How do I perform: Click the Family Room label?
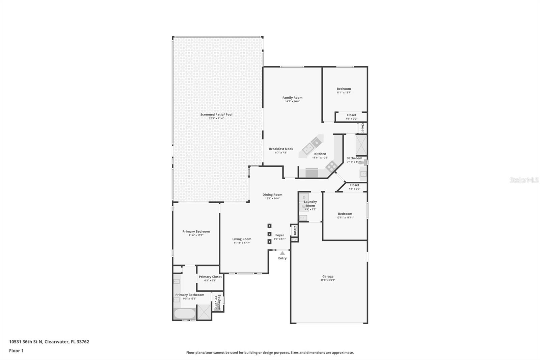[x=292, y=98]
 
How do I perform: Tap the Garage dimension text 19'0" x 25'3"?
[x=328, y=280]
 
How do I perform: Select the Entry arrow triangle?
[x=282, y=253]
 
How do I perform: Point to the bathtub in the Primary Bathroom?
[x=184, y=314]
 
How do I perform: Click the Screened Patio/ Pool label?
[x=216, y=114]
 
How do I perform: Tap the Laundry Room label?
[x=310, y=204]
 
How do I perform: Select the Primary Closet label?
[x=210, y=277]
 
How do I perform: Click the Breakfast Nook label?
[x=281, y=149]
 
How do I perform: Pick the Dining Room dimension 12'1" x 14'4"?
[x=272, y=199]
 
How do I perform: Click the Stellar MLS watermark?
[x=524, y=180]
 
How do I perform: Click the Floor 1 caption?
[x=16, y=351]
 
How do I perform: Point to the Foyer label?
[x=279, y=235]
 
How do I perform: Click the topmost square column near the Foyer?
[x=269, y=226]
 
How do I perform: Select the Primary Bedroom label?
[x=196, y=231]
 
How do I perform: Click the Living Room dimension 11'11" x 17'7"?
[x=242, y=243]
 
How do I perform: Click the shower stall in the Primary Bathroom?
[x=204, y=312]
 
